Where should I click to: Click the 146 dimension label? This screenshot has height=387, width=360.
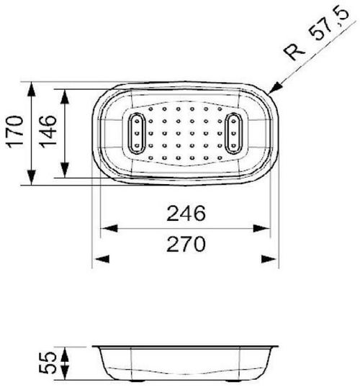48,134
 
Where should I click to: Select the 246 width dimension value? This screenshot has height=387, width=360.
186,213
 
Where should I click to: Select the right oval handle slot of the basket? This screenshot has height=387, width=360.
235,133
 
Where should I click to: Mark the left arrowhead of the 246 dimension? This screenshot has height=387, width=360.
105,229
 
